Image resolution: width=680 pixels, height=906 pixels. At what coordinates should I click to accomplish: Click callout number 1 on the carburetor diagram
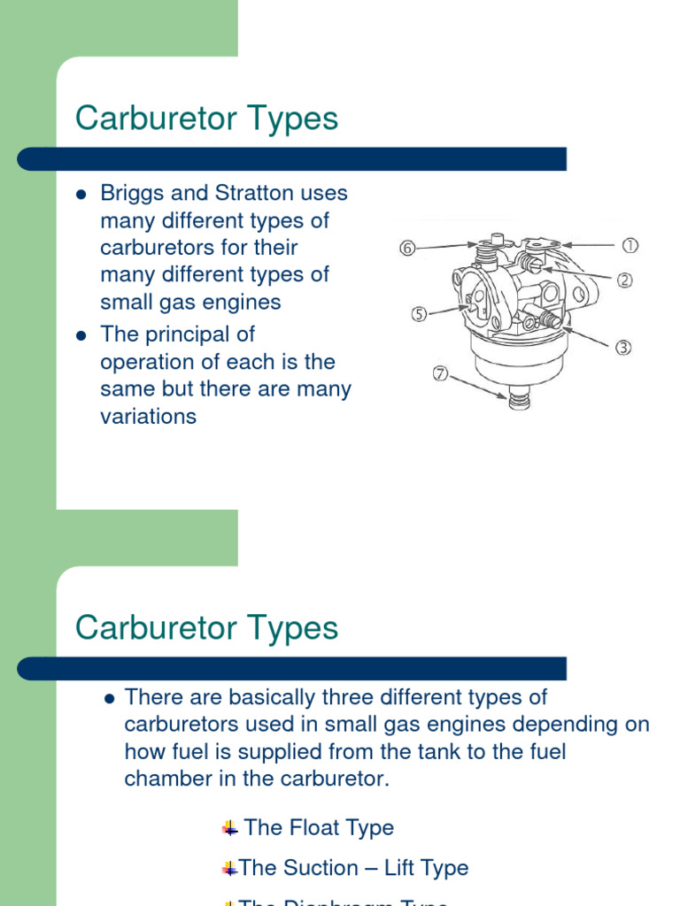pos(630,245)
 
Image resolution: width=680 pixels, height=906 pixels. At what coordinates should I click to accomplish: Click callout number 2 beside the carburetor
pos(625,280)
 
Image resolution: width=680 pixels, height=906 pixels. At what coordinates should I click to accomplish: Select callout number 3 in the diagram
pos(624,348)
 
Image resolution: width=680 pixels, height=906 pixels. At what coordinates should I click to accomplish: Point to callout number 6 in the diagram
pos(407,249)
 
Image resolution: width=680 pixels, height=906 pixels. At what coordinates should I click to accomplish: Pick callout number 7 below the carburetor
pos(440,373)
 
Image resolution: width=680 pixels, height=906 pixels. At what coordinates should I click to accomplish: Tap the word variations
pos(149,417)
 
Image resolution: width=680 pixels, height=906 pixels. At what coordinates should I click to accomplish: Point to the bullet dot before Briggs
pos(81,194)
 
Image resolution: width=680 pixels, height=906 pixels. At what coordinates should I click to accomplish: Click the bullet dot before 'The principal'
pos(81,335)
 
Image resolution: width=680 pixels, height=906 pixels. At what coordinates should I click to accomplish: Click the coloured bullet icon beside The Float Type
pos(230,828)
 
